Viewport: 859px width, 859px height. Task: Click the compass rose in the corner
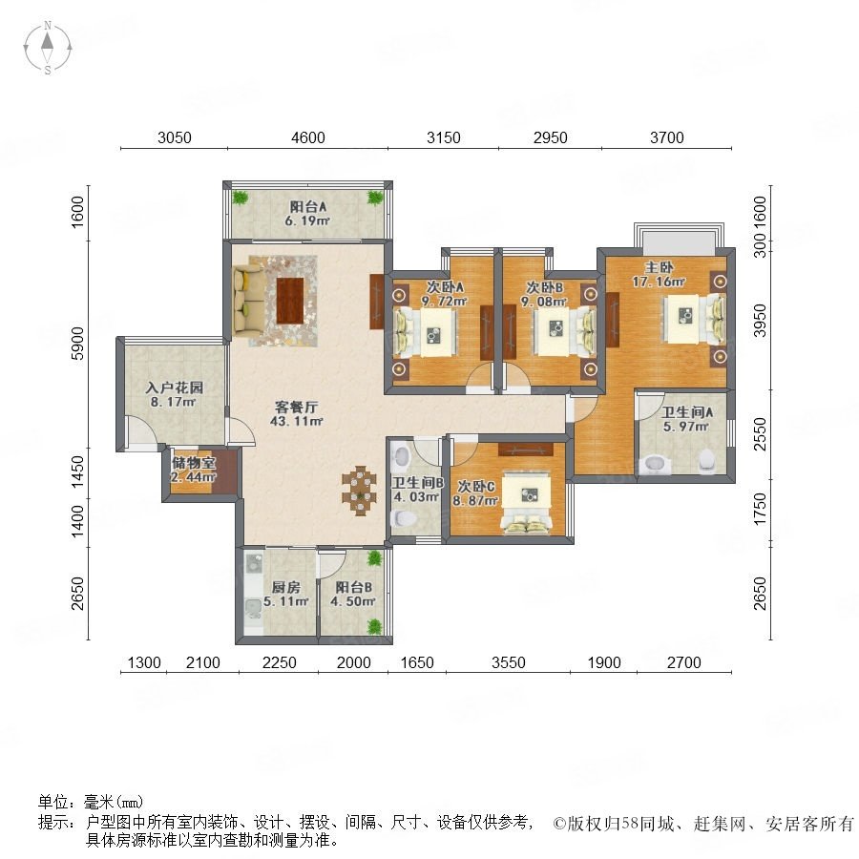48,48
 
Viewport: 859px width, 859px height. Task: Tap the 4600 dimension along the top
308,136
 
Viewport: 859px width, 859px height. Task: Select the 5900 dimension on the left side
78,343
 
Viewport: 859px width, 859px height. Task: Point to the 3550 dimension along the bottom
509,662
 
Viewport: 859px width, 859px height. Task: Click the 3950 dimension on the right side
760,321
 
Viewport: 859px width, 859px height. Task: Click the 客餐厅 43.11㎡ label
297,413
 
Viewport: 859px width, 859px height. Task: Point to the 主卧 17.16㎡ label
659,275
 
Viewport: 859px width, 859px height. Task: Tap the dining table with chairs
360,491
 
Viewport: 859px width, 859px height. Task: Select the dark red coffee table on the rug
290,301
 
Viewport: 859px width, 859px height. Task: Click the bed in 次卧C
527,502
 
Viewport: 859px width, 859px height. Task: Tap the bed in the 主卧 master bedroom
694,319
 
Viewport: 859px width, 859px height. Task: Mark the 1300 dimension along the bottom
144,662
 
